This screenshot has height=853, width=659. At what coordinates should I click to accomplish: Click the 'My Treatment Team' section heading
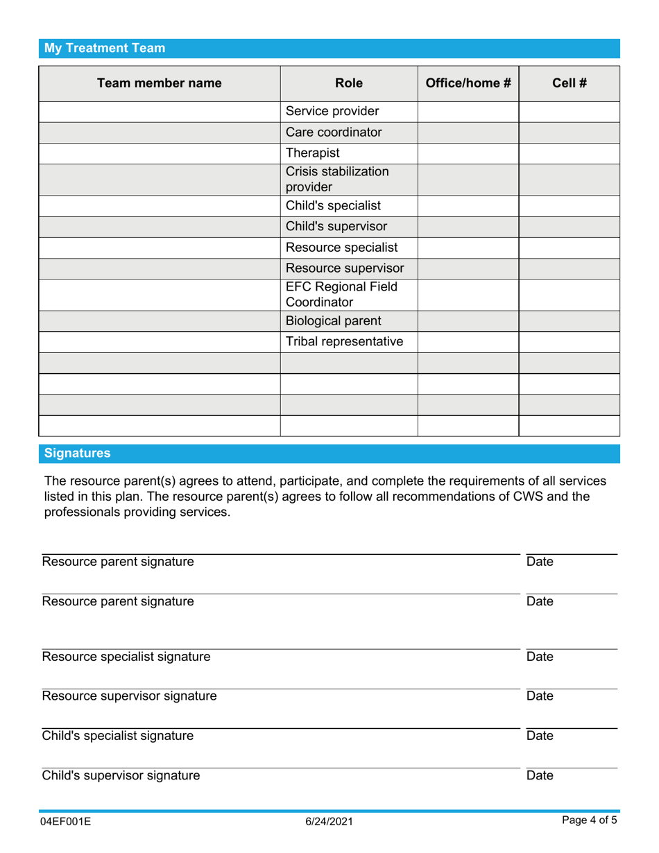point(105,49)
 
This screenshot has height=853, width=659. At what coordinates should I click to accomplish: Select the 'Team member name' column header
point(159,83)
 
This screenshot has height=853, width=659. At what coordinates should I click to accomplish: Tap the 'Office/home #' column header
point(468,83)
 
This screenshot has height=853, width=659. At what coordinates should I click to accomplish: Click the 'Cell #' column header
point(570,83)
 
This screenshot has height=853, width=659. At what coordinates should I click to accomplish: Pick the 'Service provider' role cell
point(332,112)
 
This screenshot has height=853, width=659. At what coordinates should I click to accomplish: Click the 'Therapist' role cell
point(312,153)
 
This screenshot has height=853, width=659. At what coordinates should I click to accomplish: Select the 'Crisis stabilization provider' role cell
point(337,180)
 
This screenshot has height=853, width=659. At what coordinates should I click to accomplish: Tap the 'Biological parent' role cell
point(333,321)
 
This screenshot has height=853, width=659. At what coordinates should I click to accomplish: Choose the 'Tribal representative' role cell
point(344,342)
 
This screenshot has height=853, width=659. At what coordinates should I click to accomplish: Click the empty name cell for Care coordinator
point(159,132)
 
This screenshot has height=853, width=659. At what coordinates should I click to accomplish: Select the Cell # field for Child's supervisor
point(570,227)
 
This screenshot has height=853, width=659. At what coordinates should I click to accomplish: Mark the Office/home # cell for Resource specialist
point(468,248)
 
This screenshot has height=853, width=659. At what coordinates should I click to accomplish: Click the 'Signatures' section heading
point(77,454)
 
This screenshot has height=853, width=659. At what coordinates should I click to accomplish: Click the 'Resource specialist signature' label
point(126,657)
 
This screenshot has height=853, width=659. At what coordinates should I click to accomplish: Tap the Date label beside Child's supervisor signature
point(540,775)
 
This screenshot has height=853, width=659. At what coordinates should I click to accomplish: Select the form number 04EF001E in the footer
point(67,822)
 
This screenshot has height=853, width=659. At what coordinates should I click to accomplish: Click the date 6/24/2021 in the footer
point(329,822)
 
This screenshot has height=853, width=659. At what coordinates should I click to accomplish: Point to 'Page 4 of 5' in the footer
point(589,821)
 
